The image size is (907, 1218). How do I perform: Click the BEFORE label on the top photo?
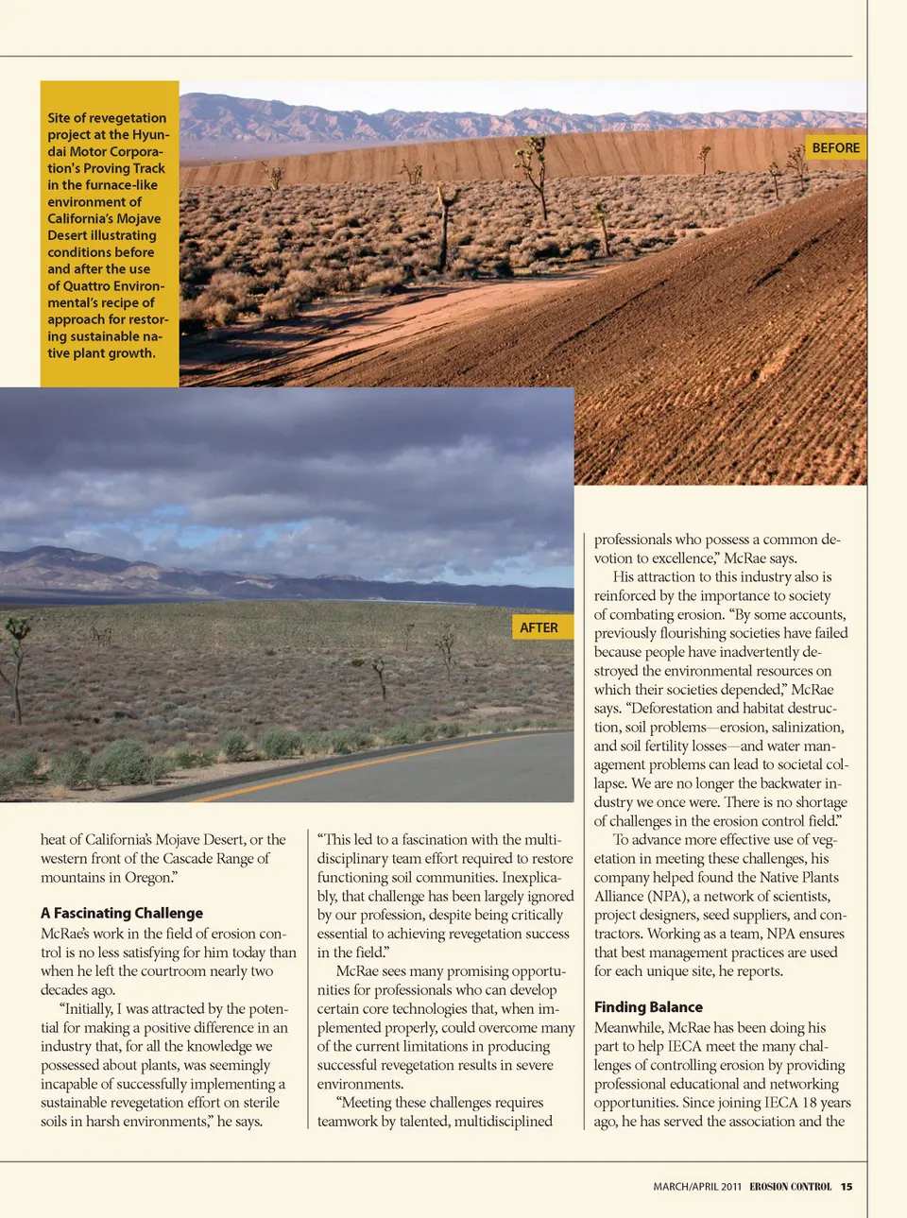tap(835, 148)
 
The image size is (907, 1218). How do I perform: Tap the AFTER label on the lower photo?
tap(539, 627)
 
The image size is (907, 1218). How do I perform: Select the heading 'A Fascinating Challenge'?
tap(122, 913)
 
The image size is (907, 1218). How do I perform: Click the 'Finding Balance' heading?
tap(648, 1007)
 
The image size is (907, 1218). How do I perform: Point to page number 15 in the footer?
tap(847, 1187)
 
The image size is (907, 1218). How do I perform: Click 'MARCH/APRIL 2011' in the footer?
tap(696, 1187)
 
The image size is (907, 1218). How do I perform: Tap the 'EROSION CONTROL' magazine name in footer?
tap(790, 1187)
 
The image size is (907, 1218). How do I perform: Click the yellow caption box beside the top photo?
tap(109, 234)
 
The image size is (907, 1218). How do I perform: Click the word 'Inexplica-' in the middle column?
tap(537, 877)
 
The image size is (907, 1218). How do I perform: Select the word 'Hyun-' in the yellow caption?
tap(151, 135)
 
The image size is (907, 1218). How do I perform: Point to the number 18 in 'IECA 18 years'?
tap(782, 1102)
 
